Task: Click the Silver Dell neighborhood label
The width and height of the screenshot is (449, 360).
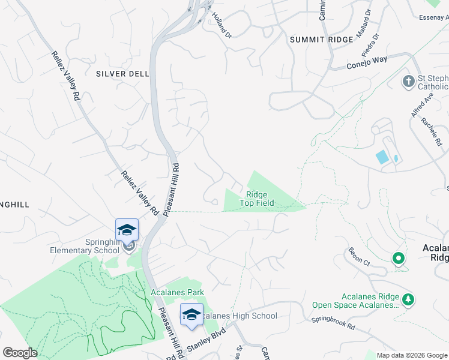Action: [122, 74]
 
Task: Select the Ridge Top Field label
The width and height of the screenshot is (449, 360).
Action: [257, 199]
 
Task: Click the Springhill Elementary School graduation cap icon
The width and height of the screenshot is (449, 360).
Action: [127, 230]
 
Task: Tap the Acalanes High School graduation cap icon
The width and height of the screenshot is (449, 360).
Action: [191, 314]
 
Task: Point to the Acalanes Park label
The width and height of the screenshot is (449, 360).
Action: [177, 292]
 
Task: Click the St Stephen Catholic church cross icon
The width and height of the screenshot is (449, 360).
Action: [408, 81]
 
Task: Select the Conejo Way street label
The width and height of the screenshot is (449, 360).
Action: [367, 62]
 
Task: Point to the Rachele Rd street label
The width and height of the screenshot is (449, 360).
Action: [432, 131]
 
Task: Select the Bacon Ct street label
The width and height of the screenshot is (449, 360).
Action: [358, 256]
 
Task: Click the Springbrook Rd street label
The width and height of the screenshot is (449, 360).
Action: [333, 323]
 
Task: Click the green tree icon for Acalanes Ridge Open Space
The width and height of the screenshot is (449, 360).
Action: [408, 300]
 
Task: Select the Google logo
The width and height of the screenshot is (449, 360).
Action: [20, 352]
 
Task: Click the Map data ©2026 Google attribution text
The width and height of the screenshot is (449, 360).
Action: [411, 355]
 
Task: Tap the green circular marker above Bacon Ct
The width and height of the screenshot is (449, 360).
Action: [397, 259]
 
